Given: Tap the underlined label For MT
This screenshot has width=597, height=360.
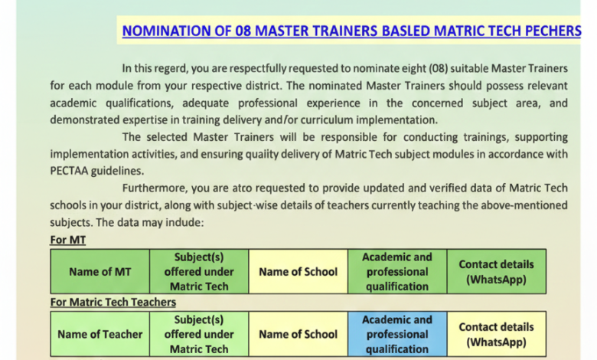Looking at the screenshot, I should [x=67, y=240].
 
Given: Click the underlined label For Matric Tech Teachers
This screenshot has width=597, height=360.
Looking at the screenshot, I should [x=113, y=302].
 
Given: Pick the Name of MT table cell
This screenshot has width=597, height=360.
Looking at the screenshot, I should [x=99, y=272].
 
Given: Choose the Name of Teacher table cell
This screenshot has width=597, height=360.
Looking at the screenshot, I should [x=99, y=334].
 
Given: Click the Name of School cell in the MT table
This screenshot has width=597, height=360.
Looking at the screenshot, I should [x=298, y=272].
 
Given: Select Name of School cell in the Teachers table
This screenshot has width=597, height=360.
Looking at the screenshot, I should [x=298, y=334].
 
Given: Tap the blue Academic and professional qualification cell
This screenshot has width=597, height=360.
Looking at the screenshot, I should [x=396, y=334].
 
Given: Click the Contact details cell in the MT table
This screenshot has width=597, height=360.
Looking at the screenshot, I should [x=496, y=272].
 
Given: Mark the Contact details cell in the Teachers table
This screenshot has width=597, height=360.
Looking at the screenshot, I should [x=496, y=334].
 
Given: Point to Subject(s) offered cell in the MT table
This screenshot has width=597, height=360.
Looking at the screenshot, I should [x=199, y=272].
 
